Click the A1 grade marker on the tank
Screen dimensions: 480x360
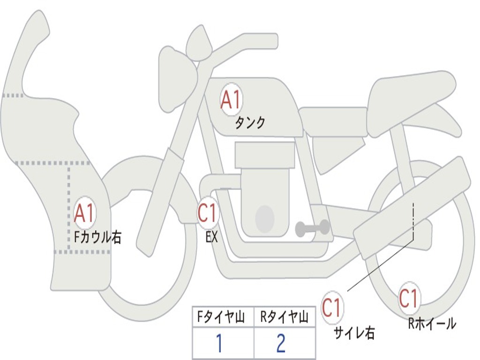pos(230,99)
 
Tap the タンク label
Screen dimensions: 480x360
pos(250,123)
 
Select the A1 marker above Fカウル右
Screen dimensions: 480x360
pos(85,213)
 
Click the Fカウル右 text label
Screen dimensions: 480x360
pos(98,237)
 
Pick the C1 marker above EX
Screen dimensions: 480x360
pos(208,213)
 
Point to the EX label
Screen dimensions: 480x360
pos(212,237)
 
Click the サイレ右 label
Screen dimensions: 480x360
pos(354,333)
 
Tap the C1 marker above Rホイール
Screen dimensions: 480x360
pos(409,298)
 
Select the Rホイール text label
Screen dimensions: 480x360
pos(432,323)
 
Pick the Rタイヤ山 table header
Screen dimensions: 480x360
pos(285,318)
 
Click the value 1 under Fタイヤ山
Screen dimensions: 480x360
pos(219,344)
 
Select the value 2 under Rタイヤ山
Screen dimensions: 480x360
pos(281,344)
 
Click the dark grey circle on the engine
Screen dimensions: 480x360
pos(264,218)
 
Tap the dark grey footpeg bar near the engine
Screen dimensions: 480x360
pos(313,228)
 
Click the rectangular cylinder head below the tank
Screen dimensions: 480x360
pos(265,155)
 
